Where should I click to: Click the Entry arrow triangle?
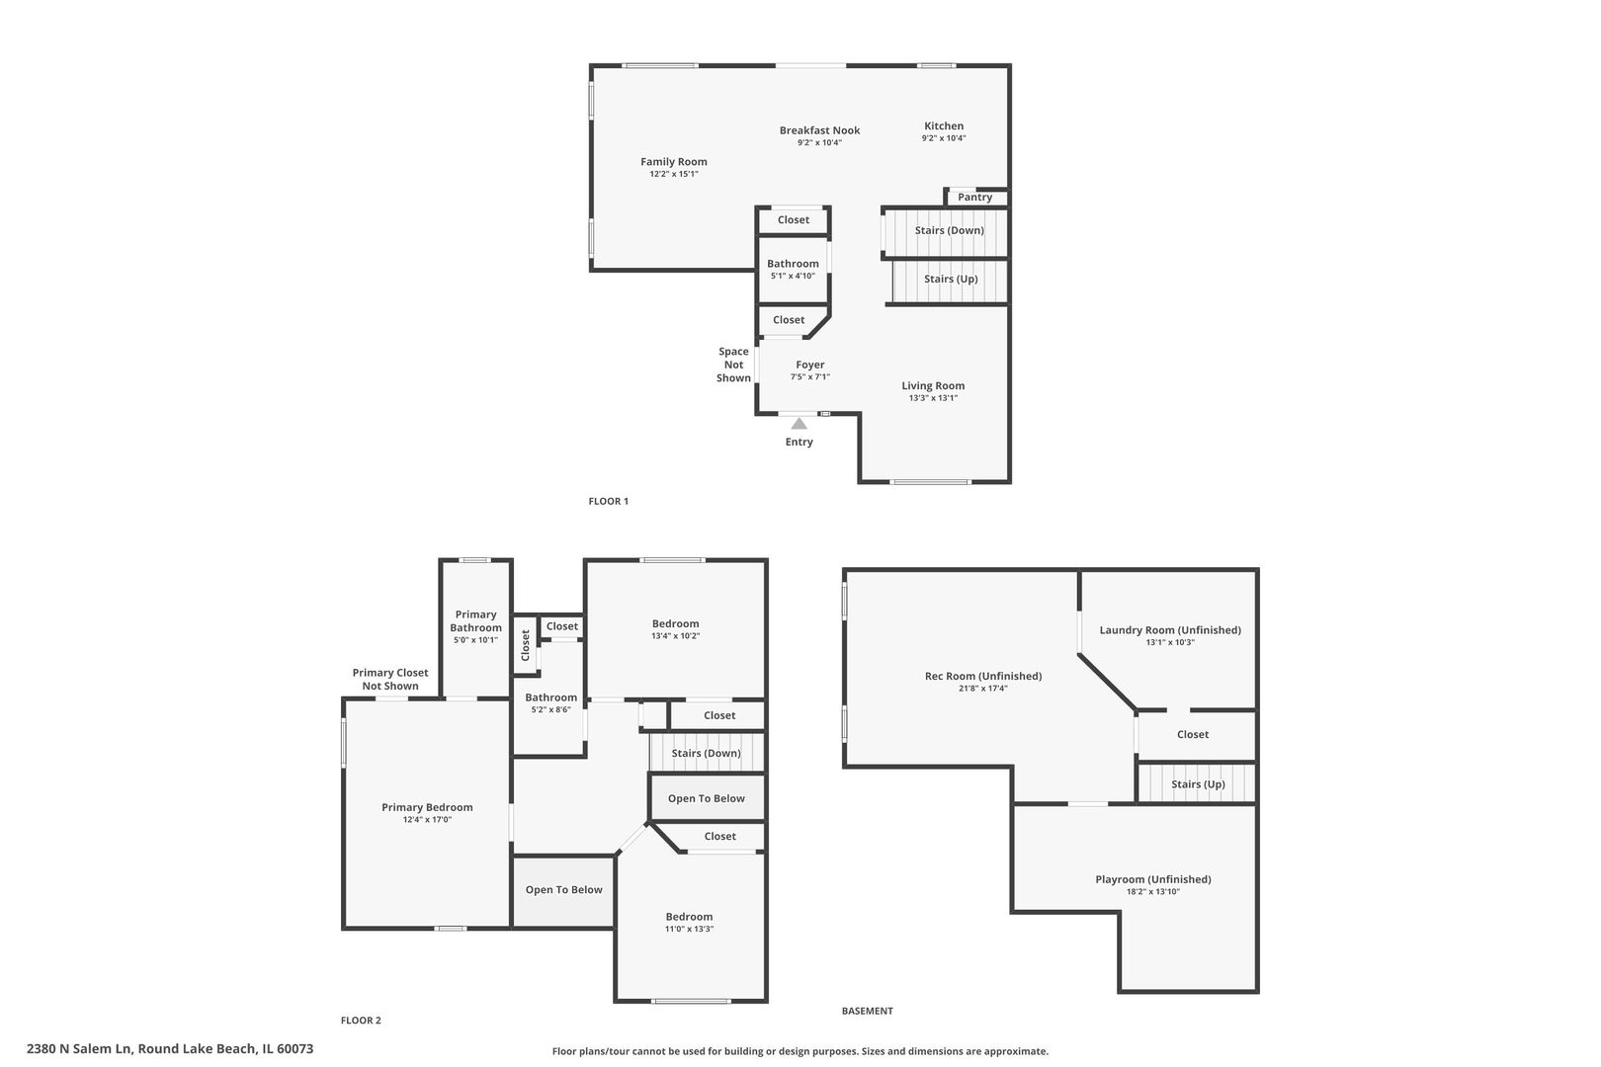(800, 424)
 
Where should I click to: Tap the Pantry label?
(974, 198)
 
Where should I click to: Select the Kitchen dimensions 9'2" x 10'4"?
(944, 138)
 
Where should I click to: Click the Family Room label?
(673, 162)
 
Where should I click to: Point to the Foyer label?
(809, 366)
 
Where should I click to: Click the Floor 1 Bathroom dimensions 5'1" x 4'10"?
(793, 276)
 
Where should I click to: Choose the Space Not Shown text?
(734, 366)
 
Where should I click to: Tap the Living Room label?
(933, 386)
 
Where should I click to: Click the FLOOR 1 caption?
(608, 501)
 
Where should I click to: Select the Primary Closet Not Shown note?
(390, 679)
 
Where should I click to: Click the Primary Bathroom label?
(476, 621)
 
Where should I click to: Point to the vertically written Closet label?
(526, 644)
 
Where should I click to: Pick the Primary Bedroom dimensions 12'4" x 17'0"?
(427, 820)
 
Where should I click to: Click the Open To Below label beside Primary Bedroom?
(564, 890)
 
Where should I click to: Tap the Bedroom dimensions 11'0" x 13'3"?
(689, 929)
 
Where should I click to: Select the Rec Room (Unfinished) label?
(983, 676)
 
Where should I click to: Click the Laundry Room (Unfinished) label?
(1170, 630)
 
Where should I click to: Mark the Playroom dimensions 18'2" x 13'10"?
(1153, 892)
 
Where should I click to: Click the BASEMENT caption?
(867, 1011)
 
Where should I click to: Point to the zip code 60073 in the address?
(295, 1048)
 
